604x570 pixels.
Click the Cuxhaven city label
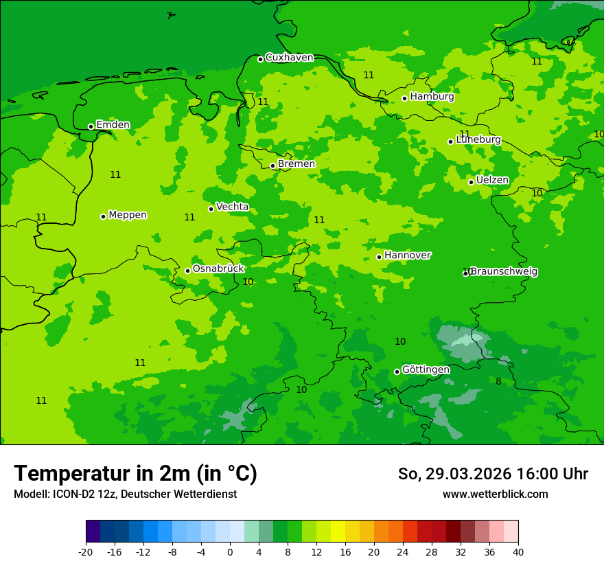289,58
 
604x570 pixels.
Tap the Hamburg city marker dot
405,98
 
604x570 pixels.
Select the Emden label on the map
113,125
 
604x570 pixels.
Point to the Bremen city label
297,164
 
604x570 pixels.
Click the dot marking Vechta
211,209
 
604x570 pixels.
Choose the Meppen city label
128,215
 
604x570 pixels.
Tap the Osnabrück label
218,269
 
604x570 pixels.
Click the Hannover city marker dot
379,257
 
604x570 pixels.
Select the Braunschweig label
504,272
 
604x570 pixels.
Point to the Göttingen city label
426,370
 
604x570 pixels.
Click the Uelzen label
493,181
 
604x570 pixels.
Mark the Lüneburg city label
478,140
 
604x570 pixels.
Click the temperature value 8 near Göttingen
498,381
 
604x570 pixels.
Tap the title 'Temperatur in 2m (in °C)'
135,473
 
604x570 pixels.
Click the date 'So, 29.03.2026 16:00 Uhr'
493,474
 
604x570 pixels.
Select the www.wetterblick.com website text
495,494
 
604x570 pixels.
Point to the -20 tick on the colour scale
86,551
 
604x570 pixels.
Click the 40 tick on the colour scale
518,551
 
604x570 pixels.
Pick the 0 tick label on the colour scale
230,551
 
